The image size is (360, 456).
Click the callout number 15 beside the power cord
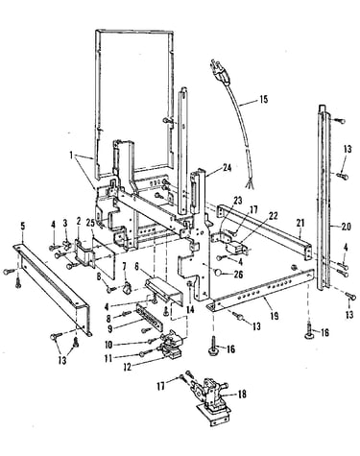pos(263,99)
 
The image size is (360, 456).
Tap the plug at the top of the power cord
pos(218,71)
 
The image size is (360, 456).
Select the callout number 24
pos(228,167)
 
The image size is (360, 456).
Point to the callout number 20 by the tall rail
pos(346,227)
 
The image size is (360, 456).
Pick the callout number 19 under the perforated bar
pos(274,316)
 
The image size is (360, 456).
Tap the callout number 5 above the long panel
pos(22,227)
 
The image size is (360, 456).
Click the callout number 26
pos(239,275)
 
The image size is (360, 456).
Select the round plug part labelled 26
pos(218,272)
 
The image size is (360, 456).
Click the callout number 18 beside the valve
pos(242,394)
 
